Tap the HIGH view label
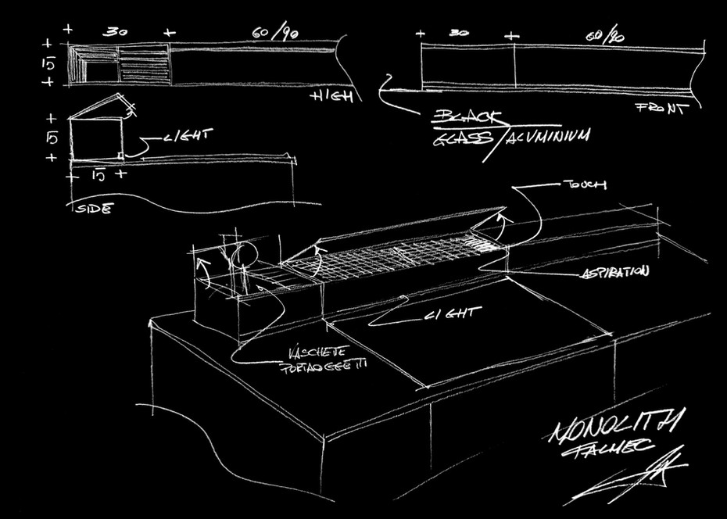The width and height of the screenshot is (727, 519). coord(331,97)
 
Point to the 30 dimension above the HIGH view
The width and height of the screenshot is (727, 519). coord(116,33)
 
